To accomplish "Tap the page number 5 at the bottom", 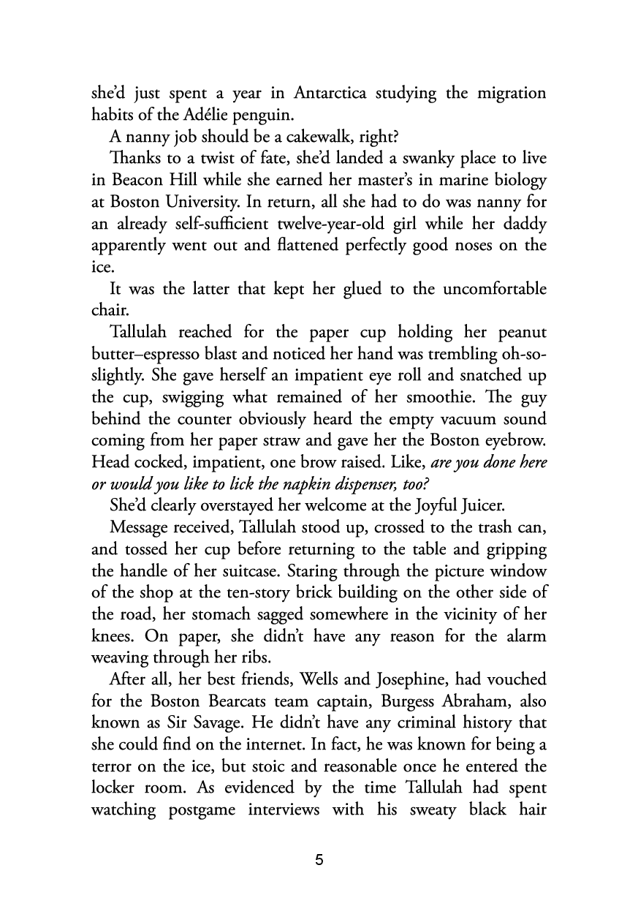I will click(319, 860).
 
